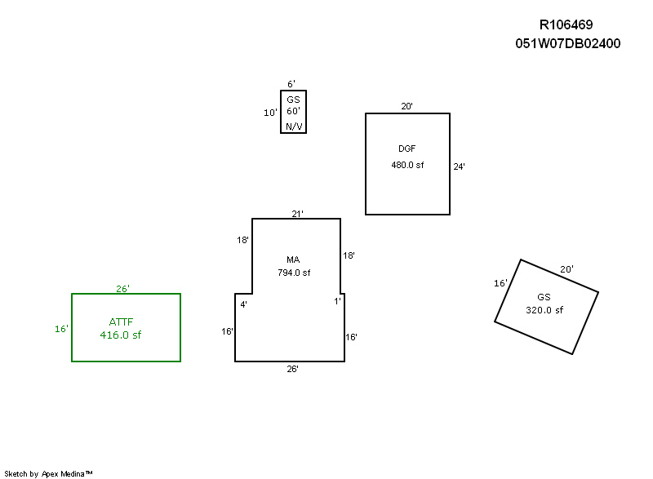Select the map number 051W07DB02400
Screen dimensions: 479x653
click(x=567, y=43)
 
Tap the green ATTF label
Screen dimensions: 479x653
click(x=121, y=322)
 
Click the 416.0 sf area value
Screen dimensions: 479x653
click(x=121, y=335)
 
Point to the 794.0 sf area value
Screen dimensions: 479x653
click(x=294, y=273)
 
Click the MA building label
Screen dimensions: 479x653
click(x=294, y=259)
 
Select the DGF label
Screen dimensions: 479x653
click(x=407, y=149)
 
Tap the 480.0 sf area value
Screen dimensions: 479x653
click(x=407, y=165)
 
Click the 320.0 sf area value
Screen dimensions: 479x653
click(x=544, y=310)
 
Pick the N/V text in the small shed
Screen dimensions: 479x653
click(x=292, y=126)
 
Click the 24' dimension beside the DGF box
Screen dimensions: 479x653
click(x=460, y=166)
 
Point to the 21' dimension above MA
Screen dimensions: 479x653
click(x=298, y=214)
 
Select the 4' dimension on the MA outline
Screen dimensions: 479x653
click(x=243, y=304)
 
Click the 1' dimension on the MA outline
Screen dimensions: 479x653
click(x=337, y=301)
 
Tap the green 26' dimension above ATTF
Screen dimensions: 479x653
click(x=123, y=289)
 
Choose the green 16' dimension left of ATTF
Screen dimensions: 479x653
click(x=61, y=329)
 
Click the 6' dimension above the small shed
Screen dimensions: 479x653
click(x=291, y=84)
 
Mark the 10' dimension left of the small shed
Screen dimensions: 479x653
click(x=270, y=113)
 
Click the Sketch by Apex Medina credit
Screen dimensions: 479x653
click(x=49, y=473)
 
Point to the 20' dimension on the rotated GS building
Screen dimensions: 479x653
click(x=566, y=269)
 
